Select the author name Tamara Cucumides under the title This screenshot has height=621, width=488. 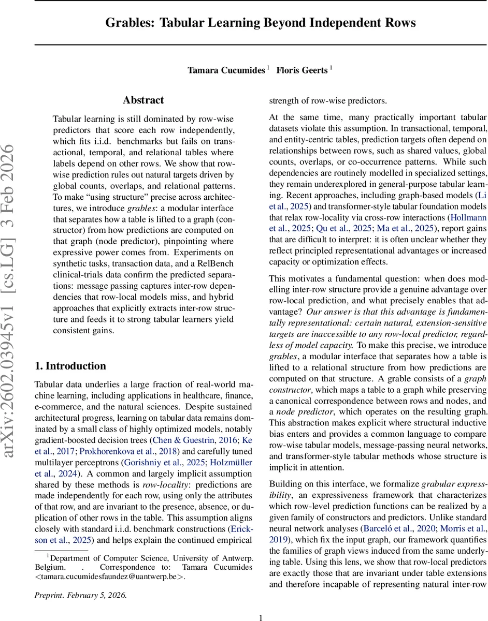(226, 70)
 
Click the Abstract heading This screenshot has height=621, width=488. (143, 100)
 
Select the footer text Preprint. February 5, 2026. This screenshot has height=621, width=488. (80, 595)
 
